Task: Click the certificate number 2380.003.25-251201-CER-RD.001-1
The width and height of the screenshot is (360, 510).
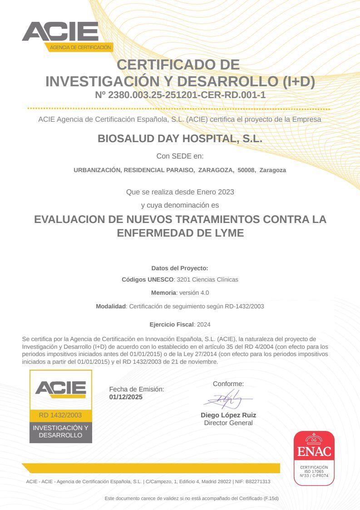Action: coord(187,95)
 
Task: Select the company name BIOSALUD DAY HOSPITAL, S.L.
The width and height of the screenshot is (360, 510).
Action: coord(180,139)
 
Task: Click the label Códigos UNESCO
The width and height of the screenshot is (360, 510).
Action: coord(148,279)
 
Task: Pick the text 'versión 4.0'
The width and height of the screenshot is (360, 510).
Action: coord(194,292)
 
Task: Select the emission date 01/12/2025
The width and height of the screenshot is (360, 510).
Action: coord(126,396)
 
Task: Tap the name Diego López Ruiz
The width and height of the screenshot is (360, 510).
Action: coord(228,415)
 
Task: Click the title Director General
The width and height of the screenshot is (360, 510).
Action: coord(228,423)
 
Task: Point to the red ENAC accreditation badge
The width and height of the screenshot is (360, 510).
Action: coord(314,458)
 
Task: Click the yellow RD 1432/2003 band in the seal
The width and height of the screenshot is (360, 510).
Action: coord(60,415)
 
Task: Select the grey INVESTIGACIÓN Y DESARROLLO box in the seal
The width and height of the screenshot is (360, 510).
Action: coord(60,431)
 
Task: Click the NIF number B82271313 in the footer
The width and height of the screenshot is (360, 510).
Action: coord(258,481)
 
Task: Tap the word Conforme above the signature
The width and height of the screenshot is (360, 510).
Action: coord(228,384)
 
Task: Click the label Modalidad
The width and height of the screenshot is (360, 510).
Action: coord(110,306)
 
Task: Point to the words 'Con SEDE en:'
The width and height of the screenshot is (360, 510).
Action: coord(180,156)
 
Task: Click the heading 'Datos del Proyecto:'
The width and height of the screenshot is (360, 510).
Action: coord(180,268)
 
